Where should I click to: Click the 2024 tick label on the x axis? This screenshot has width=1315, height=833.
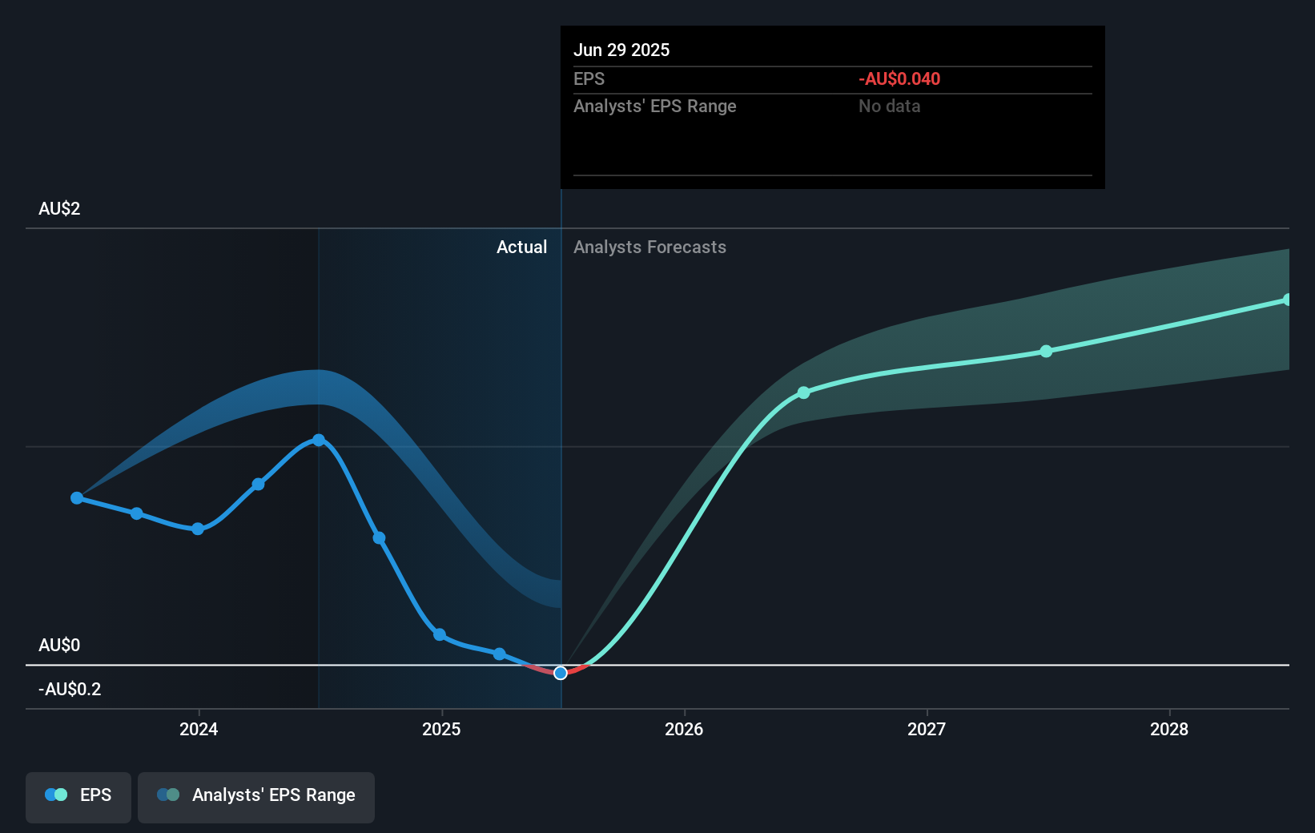coord(199,729)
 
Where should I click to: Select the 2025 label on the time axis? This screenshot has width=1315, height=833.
coord(441,729)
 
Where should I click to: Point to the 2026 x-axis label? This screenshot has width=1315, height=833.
coord(684,729)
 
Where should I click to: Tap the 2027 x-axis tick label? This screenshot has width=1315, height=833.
coord(927,729)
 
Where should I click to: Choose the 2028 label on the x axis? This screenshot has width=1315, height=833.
coord(1169,729)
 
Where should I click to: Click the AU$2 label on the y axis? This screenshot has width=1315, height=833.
coord(59,209)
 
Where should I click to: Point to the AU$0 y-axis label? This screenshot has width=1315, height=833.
coord(59,646)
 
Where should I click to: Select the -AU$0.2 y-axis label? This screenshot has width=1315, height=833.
coord(70,690)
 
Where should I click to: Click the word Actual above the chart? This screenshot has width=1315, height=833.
coord(521,247)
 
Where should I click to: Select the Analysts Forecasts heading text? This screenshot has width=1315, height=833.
coord(649,247)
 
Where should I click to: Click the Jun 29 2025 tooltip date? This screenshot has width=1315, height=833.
coord(621,50)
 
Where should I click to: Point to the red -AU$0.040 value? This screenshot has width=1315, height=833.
coord(899,79)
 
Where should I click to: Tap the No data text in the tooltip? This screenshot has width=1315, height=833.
coord(889,107)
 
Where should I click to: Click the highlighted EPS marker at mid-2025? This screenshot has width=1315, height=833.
coord(561,673)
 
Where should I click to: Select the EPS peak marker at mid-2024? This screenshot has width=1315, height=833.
coord(319,440)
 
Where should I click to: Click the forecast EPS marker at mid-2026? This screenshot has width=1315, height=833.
coord(804,392)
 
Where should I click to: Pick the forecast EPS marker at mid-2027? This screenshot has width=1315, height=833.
coord(1046,352)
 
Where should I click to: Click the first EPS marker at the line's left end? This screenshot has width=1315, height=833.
coord(77,498)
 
